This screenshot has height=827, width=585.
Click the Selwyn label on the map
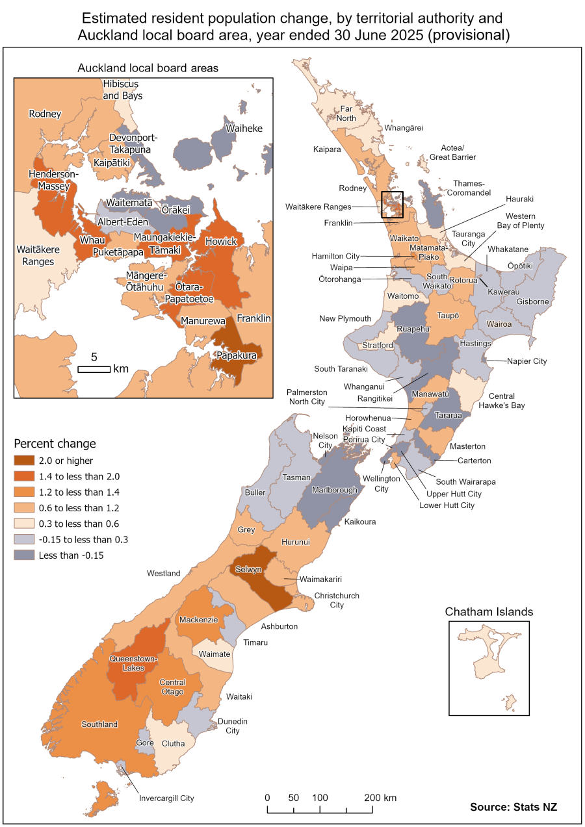click(x=249, y=569)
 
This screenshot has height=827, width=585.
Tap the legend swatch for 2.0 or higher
click(x=24, y=461)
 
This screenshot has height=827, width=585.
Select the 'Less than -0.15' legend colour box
click(x=24, y=555)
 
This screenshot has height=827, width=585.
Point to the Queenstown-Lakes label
click(x=133, y=663)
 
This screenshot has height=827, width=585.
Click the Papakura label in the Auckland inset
click(x=237, y=355)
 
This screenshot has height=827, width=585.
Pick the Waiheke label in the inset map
click(x=244, y=129)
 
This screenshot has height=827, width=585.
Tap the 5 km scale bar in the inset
click(x=94, y=369)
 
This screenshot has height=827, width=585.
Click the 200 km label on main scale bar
click(x=380, y=798)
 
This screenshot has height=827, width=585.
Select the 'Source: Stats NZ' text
click(x=513, y=807)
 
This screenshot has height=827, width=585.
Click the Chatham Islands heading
click(x=489, y=612)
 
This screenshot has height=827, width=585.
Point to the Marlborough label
click(x=335, y=490)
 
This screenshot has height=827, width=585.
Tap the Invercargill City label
click(x=166, y=798)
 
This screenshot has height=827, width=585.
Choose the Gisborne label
click(x=533, y=302)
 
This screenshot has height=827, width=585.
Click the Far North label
click(x=344, y=114)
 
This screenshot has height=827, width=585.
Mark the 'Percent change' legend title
click(x=55, y=444)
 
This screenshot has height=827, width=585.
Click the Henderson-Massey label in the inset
click(x=53, y=181)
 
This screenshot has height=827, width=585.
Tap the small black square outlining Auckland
click(x=393, y=204)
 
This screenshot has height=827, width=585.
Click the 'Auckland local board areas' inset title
click(x=148, y=68)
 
